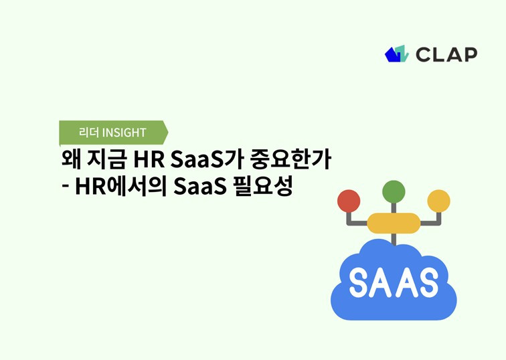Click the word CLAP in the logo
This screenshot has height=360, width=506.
point(446,54)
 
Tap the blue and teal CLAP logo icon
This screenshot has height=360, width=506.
point(396,54)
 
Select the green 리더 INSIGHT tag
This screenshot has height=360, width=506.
point(112,132)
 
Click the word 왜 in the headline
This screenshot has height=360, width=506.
point(70,161)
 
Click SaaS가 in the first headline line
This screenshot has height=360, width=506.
point(206,161)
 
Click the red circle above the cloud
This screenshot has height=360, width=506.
point(349,201)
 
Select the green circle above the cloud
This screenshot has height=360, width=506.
point(394,192)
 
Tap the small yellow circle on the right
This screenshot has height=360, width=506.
point(438,201)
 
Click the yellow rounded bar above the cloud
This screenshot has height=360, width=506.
point(394,223)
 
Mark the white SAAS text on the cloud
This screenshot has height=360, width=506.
point(394,282)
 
